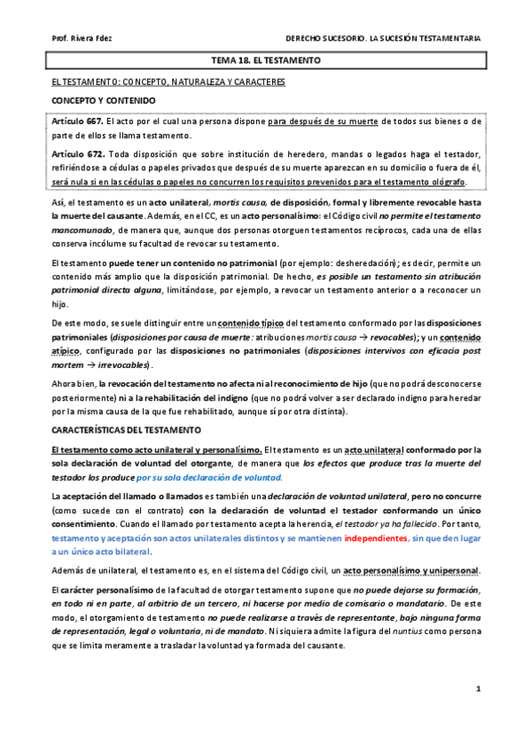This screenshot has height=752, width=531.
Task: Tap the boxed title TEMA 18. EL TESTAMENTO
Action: [x=265, y=60]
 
